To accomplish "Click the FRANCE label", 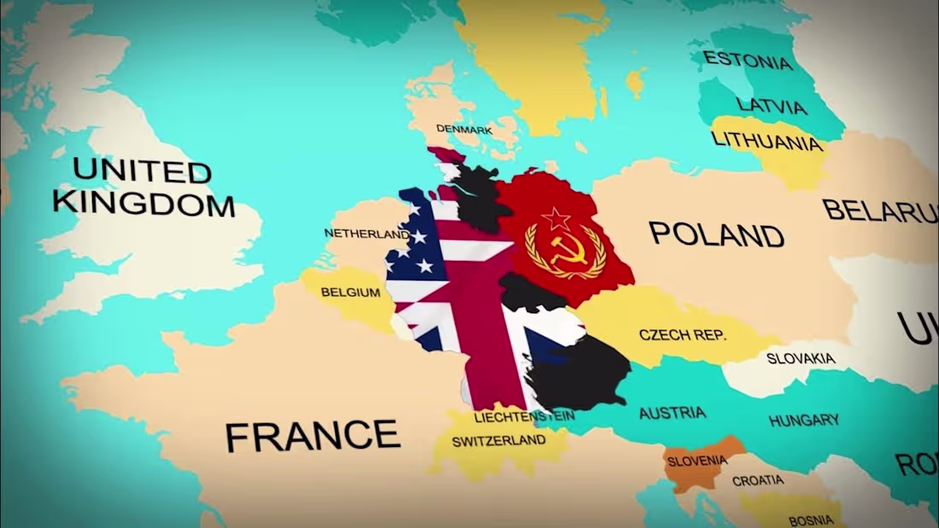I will click(312, 436).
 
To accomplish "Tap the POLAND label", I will click(717, 234).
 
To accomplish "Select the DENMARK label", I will click(464, 130).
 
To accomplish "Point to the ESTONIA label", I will click(748, 61).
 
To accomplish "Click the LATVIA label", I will click(772, 106).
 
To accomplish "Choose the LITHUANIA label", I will click(767, 142).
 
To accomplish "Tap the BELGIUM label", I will click(351, 293).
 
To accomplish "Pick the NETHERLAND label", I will click(366, 233).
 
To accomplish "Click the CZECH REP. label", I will click(683, 334).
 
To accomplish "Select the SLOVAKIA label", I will click(801, 358).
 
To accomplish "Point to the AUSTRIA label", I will click(673, 413).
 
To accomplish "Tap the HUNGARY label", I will click(804, 420).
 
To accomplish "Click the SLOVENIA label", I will click(697, 461).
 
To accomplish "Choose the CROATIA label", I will click(758, 481).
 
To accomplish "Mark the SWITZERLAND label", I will click(499, 441).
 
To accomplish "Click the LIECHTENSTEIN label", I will click(524, 417).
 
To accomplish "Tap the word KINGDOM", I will click(143, 204).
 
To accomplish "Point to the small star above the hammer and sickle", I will click(556, 218).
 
